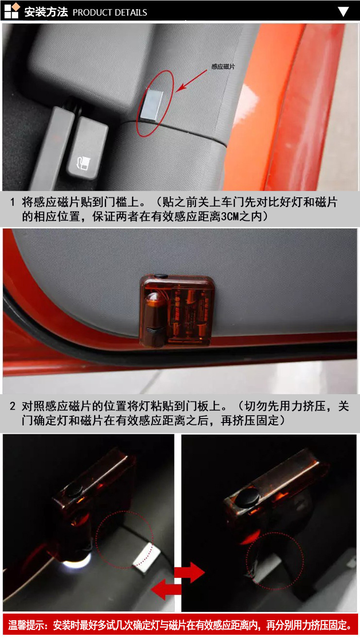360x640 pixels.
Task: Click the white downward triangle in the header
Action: click(x=343, y=12)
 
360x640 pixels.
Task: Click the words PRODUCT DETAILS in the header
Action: click(x=110, y=12)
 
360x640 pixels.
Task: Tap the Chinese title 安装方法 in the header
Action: click(x=46, y=12)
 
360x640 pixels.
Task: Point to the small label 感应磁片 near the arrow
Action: click(x=223, y=67)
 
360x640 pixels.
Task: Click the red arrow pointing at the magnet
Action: click(x=191, y=81)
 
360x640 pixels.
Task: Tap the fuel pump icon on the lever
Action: click(x=83, y=163)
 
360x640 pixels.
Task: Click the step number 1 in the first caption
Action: click(x=12, y=202)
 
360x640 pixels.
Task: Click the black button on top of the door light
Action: click(x=161, y=276)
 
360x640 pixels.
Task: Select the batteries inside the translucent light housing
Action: click(x=190, y=314)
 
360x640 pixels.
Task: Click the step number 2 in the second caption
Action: click(x=12, y=406)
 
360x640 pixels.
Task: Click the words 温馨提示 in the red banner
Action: click(x=26, y=625)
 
